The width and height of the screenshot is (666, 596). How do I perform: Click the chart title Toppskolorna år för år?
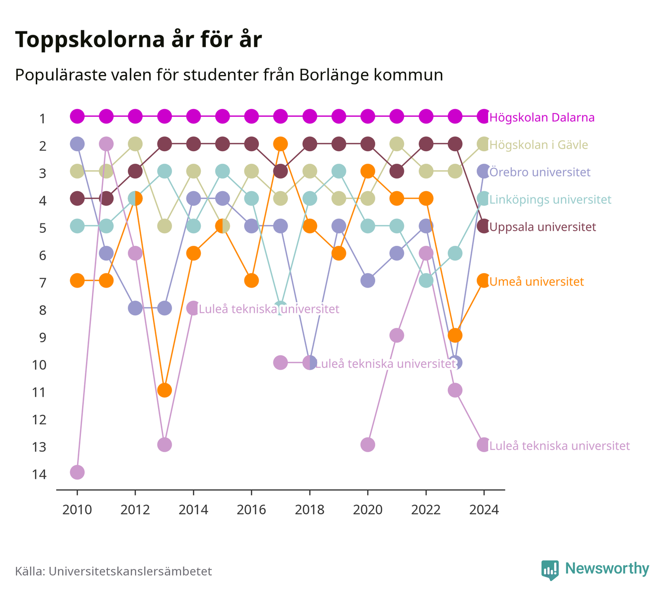(138, 39)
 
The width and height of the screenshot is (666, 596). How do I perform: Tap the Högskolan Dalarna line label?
(542, 117)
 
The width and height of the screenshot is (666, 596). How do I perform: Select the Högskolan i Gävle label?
(538, 144)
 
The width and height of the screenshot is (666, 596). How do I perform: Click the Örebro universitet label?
(540, 172)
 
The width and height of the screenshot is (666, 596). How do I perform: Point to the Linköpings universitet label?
(550, 199)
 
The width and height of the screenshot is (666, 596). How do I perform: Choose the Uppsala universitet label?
(542, 227)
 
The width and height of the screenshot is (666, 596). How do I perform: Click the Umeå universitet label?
(536, 282)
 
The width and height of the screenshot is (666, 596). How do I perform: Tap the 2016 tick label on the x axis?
(251, 510)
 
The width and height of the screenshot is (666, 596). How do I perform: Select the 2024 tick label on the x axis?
(484, 510)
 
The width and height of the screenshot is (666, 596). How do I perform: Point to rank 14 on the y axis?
(39, 475)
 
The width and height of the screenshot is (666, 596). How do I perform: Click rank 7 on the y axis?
(43, 283)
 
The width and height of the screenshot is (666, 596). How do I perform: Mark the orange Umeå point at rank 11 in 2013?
(165, 390)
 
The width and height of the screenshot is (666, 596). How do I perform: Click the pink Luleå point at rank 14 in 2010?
(77, 472)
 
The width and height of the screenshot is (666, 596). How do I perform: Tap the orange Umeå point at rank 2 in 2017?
(280, 144)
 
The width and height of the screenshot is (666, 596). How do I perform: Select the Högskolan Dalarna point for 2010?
(77, 116)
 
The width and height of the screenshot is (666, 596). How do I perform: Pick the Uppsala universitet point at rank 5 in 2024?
(484, 226)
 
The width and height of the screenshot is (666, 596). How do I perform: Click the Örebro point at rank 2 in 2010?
(77, 144)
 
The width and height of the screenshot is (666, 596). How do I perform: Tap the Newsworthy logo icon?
(550, 570)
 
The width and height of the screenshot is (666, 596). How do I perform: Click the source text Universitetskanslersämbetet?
(130, 571)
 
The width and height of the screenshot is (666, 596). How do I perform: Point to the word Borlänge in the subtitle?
(334, 76)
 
